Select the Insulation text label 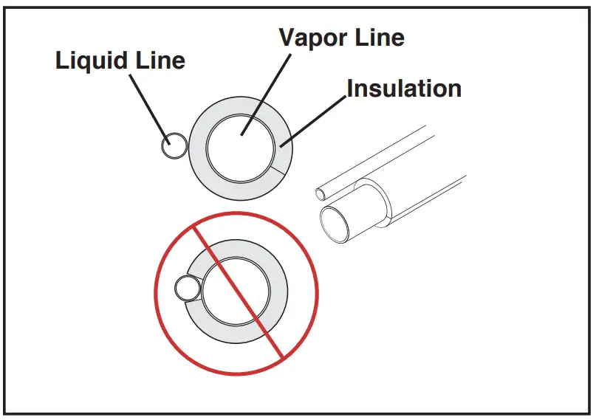coord(404,89)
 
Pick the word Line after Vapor coord(378,38)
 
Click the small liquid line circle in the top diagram coord(174,145)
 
